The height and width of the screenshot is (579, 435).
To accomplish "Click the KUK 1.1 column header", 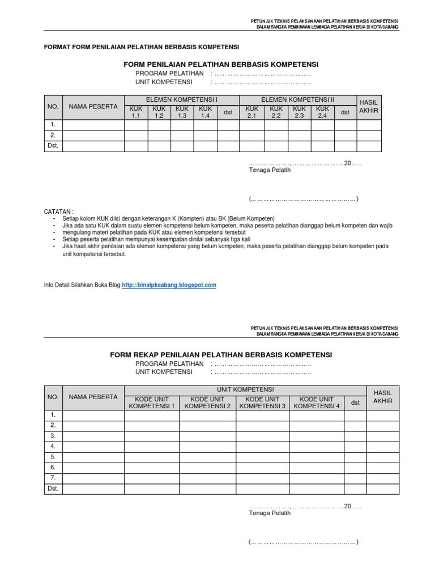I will [135, 112].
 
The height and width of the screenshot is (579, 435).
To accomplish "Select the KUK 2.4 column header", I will [322, 112].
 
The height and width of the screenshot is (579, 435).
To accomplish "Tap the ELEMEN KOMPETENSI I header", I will [182, 100].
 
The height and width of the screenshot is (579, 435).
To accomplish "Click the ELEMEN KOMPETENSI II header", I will [298, 100].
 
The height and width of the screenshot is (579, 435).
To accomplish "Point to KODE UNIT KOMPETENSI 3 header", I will [262, 403].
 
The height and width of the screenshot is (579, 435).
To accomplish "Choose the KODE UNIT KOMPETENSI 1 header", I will [152, 403].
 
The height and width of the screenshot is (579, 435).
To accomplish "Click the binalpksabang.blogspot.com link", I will [169, 286].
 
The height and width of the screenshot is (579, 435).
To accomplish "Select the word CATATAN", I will [59, 211].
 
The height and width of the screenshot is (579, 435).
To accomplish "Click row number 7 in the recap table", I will [53, 478].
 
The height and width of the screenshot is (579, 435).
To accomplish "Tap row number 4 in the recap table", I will [53, 447].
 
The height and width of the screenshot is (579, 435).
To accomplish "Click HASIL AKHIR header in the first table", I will [369, 106].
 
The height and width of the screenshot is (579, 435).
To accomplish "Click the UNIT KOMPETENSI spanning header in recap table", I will [245, 390].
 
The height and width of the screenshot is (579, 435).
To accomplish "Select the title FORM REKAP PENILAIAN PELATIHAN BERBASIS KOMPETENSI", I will [221, 355].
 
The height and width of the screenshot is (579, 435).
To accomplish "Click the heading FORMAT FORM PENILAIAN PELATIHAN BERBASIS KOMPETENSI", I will [142, 47].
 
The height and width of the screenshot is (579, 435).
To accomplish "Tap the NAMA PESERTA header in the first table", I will [93, 106].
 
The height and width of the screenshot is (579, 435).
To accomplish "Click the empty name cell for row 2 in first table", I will [93, 135].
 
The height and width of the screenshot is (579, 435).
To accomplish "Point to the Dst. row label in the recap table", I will [53, 489].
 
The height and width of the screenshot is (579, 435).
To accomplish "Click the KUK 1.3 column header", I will [182, 112].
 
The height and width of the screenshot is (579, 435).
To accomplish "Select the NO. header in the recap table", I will [53, 397].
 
